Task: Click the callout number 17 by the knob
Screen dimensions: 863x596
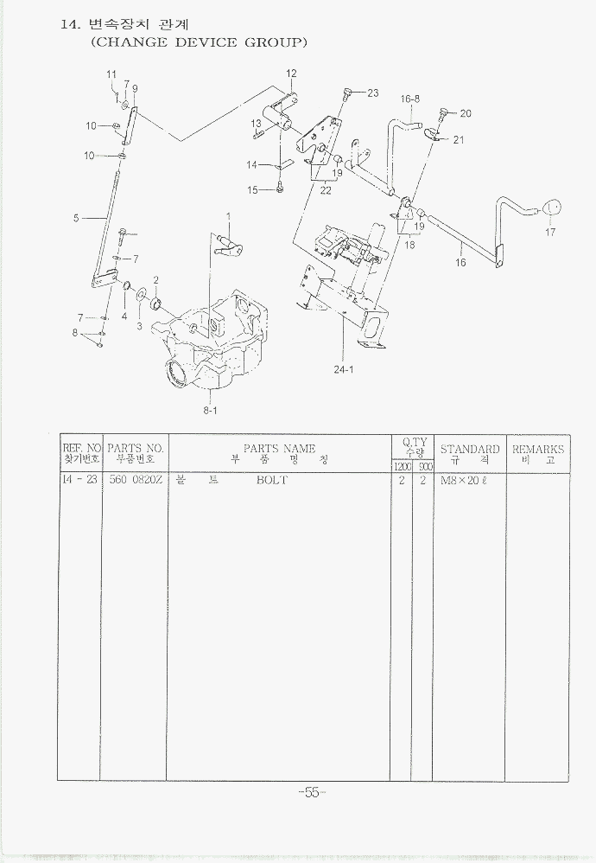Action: pos(550,232)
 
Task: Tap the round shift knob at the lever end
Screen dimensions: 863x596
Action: pos(550,208)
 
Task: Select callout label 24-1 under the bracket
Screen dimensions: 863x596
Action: pos(344,368)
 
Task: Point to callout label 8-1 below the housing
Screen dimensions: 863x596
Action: pos(210,411)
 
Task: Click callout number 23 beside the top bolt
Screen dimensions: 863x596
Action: pos(372,93)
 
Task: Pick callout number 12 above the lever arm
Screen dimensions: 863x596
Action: pos(291,73)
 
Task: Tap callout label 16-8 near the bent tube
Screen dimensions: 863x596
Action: pos(409,99)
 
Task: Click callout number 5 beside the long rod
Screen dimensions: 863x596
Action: pos(76,219)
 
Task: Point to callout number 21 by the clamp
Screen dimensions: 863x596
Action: pos(459,139)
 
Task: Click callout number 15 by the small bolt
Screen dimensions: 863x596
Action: pos(252,190)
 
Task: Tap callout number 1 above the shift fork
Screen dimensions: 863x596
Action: pos(229,216)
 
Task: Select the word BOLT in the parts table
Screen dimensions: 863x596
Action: pos(271,480)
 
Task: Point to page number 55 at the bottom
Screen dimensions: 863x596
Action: pos(310,792)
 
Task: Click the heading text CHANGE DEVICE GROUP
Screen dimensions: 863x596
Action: pos(199,42)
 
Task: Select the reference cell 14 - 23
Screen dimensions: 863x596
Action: pos(80,480)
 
